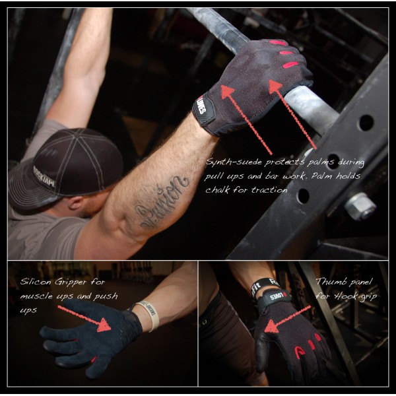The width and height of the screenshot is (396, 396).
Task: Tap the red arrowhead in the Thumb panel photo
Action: point(273,325)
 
